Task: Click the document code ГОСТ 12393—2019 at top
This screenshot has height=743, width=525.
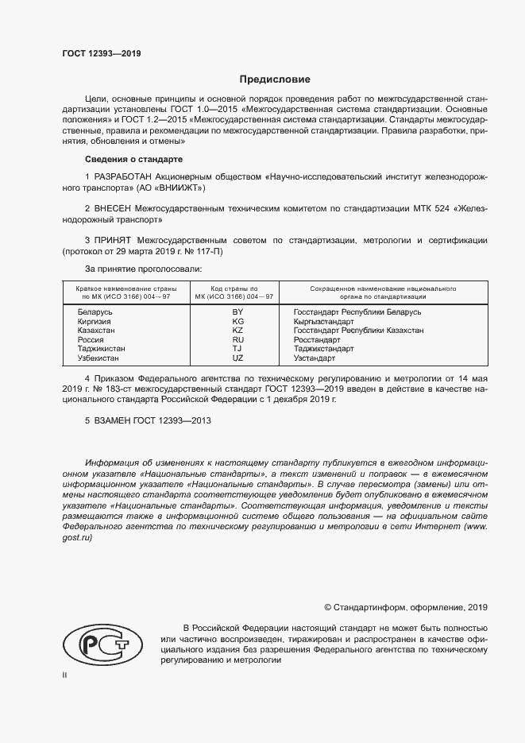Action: point(101,53)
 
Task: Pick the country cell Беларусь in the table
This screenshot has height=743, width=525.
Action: point(95,312)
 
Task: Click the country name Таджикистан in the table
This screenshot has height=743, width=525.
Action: point(102,348)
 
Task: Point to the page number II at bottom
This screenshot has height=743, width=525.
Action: point(64,675)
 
